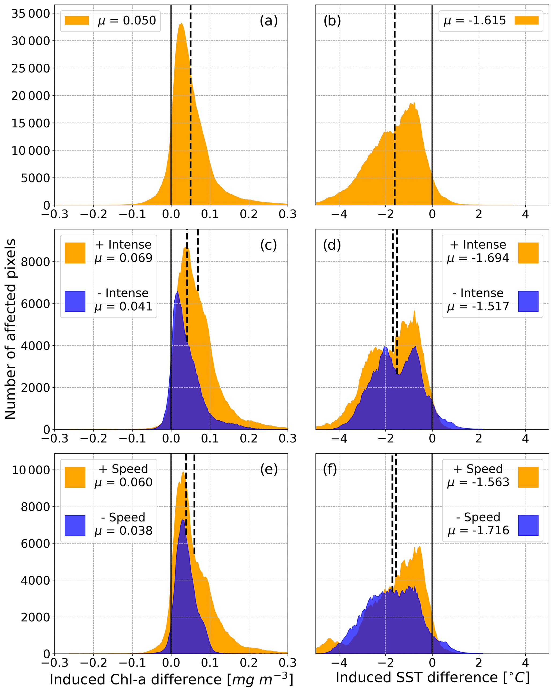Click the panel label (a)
[268, 21]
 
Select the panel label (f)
[330, 469]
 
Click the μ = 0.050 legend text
[127, 21]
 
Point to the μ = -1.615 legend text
[475, 21]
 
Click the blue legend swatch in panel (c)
[75, 301]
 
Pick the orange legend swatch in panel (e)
[75, 477]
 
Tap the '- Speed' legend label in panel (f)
[478, 517]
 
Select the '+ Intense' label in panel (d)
[478, 245]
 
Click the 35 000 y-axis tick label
[31, 14]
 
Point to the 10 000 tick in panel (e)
[31, 470]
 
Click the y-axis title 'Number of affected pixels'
[11, 329]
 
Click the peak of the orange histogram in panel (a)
[181, 24]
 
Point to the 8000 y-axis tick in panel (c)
[35, 262]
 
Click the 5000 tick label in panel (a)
[35, 178]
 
